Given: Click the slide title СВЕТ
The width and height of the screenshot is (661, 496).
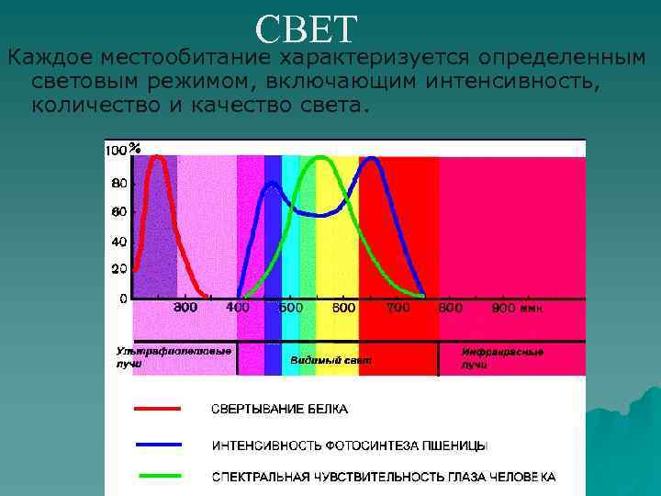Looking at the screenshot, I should coord(305,29).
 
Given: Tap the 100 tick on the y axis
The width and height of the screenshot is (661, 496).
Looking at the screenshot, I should coord(117,150).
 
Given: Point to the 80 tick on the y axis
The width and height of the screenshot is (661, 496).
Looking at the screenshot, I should coord(119,184).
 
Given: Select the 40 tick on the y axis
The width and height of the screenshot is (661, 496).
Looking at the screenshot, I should coord(119,242).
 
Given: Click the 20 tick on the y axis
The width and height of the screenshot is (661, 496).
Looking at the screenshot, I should coord(119,269).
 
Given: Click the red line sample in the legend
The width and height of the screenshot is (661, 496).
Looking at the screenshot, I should coord(158,408).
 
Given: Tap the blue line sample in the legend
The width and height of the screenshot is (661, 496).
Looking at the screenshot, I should coord(158,443).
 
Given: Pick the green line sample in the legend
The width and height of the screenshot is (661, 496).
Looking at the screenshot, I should coord(158,476).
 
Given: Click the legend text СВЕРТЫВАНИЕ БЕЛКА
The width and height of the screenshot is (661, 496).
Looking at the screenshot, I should coord(280,409).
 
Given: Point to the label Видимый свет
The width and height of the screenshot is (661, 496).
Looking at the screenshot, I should coord(330,360).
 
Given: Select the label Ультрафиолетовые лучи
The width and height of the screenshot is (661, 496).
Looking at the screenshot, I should coord(173,356).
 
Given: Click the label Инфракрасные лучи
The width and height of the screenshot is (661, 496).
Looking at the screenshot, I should coord(502,357).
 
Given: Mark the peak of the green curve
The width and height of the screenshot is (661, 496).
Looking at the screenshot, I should coord(320,157).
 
